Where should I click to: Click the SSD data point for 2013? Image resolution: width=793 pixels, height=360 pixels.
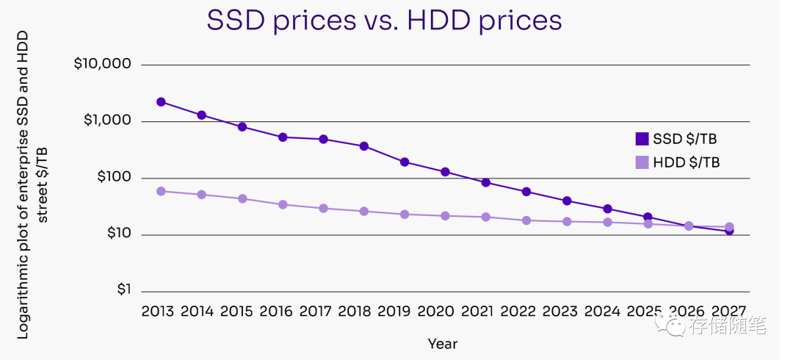(161, 102)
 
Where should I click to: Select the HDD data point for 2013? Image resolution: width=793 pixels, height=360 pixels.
(161, 191)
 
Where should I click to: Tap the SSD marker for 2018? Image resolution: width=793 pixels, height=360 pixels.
(363, 146)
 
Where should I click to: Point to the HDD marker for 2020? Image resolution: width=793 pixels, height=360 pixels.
(445, 216)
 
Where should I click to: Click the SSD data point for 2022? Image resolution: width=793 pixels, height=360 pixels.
(526, 192)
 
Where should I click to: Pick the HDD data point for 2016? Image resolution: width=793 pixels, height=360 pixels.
(283, 204)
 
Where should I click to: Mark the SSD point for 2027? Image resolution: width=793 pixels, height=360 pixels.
(729, 231)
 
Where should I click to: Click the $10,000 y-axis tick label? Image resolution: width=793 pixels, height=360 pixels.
(103, 64)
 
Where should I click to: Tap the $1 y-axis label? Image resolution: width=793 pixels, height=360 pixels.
(123, 290)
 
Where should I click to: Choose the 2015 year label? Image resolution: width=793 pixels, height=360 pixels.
(237, 311)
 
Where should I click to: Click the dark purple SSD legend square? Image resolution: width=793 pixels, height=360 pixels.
(642, 138)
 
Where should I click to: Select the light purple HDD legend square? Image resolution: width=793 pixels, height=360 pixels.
(642, 162)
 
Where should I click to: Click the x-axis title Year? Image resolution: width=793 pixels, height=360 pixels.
(443, 343)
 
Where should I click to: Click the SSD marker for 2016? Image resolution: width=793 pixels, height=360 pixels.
(283, 137)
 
